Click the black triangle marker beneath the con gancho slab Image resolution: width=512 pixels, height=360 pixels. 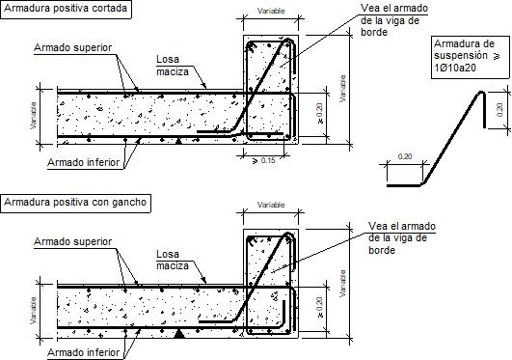[179, 334]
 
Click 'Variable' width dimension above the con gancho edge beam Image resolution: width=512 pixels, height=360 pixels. [270, 207]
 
